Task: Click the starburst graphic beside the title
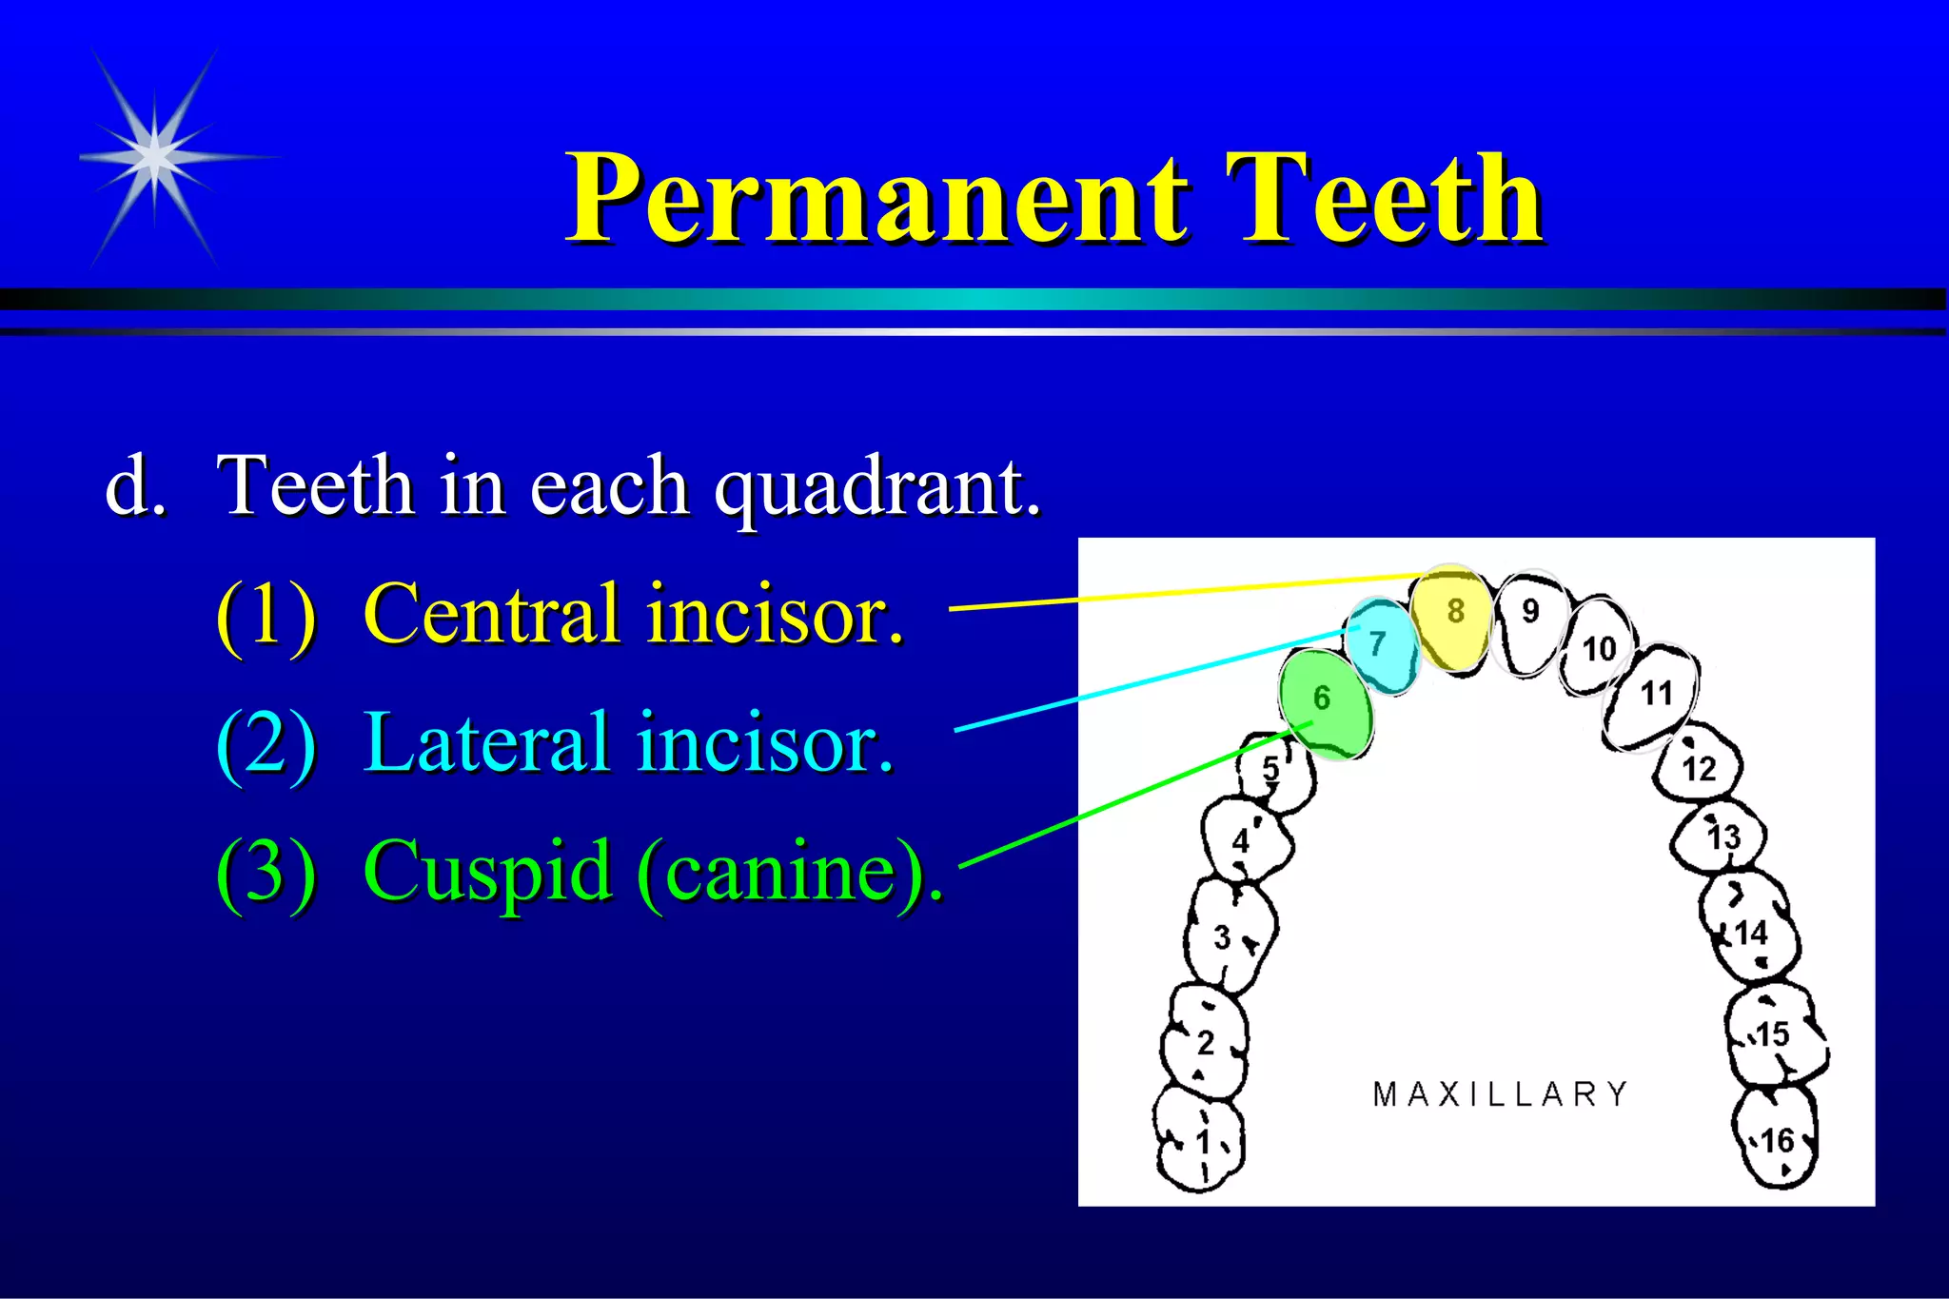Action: click(x=155, y=157)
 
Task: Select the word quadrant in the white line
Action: click(x=876, y=487)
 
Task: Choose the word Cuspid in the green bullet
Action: click(x=486, y=871)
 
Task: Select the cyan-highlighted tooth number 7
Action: click(x=1380, y=645)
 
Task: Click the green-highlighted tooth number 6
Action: click(x=1325, y=702)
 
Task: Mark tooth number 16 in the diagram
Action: click(x=1776, y=1140)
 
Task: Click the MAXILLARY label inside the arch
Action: click(x=1500, y=1094)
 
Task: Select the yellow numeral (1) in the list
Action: click(x=266, y=616)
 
